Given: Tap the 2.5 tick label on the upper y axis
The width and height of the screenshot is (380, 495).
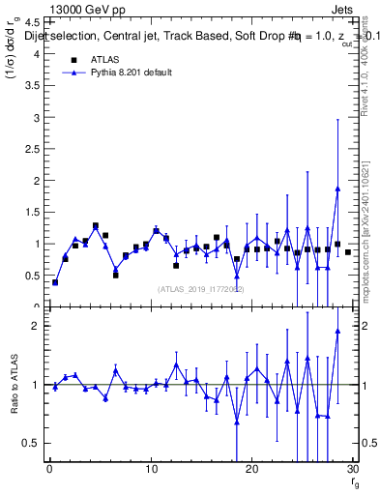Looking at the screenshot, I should tap(34, 149).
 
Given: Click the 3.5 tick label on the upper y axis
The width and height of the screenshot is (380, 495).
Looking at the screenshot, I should tap(34, 86).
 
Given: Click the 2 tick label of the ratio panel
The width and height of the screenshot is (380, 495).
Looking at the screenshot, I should tap(37, 326).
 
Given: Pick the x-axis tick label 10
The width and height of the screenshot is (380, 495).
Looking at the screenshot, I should tap(150, 471).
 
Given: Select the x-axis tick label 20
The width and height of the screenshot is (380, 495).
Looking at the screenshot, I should tap(251, 471).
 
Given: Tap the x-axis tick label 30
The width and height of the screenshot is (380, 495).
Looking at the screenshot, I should tap(352, 471).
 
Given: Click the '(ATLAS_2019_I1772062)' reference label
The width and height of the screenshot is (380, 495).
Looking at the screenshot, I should tap(200, 289).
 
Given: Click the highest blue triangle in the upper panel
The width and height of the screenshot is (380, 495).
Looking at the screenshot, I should tap(337, 189).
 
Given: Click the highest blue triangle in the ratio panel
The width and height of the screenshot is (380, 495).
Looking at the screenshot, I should tap(337, 331).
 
